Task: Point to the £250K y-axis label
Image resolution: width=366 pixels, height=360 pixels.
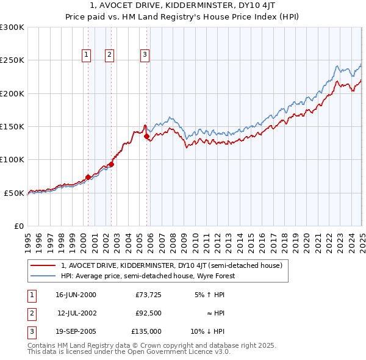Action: (x=13, y=60)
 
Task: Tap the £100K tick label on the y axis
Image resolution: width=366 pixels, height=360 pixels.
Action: (x=13, y=160)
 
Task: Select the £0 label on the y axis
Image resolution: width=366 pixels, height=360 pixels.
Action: (x=18, y=226)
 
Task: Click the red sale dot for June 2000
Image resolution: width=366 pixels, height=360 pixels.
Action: (x=88, y=177)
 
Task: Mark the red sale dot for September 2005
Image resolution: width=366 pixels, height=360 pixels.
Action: (x=146, y=137)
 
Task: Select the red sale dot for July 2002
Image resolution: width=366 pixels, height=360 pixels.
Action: (x=112, y=164)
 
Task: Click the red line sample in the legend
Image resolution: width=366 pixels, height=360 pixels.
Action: (x=43, y=266)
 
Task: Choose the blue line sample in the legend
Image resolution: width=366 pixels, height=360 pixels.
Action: (x=43, y=276)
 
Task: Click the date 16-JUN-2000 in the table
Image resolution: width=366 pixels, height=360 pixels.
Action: (x=76, y=295)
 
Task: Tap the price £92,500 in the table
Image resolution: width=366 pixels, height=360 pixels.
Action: (x=149, y=313)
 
